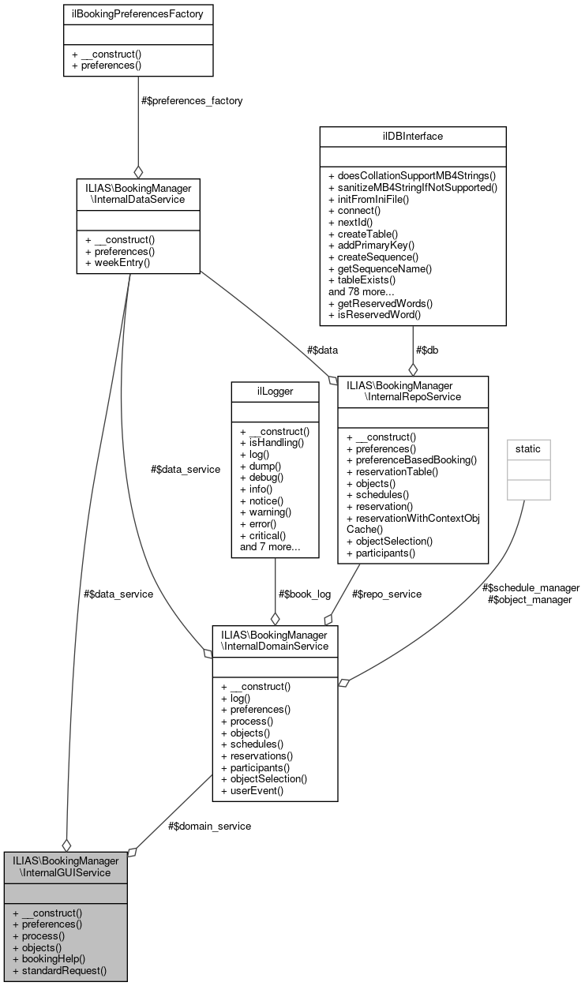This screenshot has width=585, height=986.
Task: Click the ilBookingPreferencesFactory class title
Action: [138, 13]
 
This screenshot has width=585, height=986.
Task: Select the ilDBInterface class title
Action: [412, 136]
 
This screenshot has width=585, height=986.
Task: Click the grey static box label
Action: [528, 448]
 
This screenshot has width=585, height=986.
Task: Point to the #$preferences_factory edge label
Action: [192, 100]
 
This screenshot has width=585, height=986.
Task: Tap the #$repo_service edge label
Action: [387, 593]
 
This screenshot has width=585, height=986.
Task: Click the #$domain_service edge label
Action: [209, 826]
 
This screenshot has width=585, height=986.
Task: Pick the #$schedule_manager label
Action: [531, 587]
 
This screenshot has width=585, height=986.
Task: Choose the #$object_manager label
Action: [528, 599]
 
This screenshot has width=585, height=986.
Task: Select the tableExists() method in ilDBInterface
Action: [362, 279]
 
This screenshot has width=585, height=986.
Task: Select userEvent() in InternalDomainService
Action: [252, 789]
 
